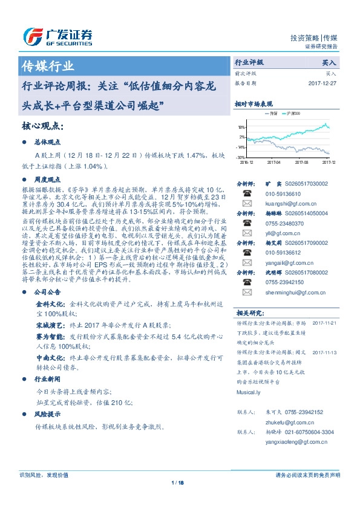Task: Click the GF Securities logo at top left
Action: [x=57, y=37]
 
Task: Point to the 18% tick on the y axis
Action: [x=241, y=128]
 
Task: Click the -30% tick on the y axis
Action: [x=241, y=157]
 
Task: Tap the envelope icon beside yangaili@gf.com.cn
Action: [x=247, y=263]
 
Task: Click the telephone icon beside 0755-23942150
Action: [x=247, y=282]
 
